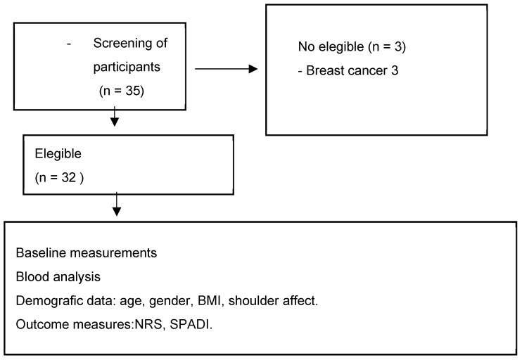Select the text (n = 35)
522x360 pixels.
click(x=122, y=91)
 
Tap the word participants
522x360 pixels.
click(x=127, y=67)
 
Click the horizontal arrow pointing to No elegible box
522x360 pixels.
click(x=226, y=69)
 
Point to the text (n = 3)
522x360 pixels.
click(x=387, y=46)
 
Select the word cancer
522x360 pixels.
click(x=368, y=70)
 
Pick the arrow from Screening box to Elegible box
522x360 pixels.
click(x=115, y=117)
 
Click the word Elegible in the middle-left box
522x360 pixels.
click(x=58, y=154)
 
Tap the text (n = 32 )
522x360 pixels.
click(x=59, y=178)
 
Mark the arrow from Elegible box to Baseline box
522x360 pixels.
click(x=117, y=204)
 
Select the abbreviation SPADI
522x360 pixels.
click(x=191, y=324)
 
